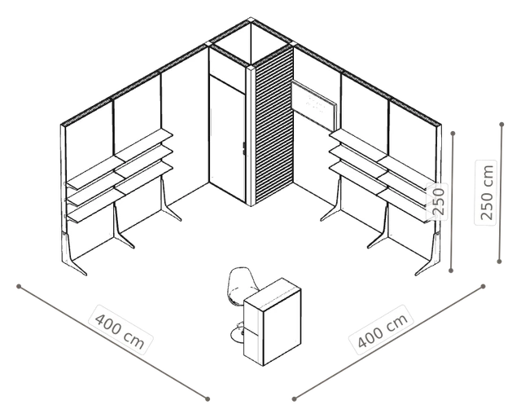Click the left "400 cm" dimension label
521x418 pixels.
click(x=120, y=329)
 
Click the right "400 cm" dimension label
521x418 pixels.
click(x=382, y=330)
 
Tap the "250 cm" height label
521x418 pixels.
click(x=487, y=192)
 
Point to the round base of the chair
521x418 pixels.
click(x=238, y=334)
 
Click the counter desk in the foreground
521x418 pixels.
click(x=273, y=322)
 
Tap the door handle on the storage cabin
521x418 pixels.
click(x=243, y=148)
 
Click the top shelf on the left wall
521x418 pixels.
click(x=120, y=158)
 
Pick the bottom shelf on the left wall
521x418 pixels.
click(x=120, y=191)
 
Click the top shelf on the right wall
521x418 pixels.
click(x=382, y=158)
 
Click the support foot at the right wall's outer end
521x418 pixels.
click(x=429, y=255)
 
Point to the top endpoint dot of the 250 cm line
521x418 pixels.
click(x=501, y=125)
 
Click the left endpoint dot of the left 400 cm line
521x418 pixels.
click(x=19, y=286)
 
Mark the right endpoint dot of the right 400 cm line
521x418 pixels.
click(x=483, y=286)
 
